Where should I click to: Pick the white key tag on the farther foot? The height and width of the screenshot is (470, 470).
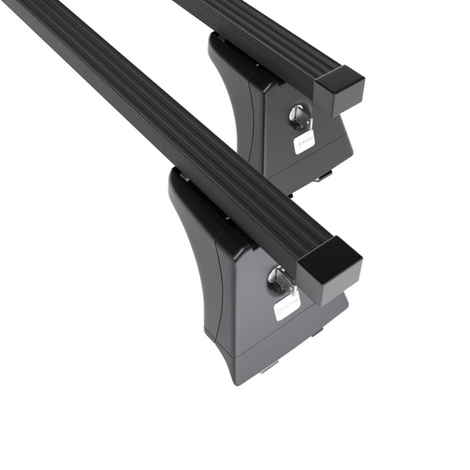pos(304,141)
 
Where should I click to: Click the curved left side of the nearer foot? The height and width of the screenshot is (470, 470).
pos(192,258)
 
